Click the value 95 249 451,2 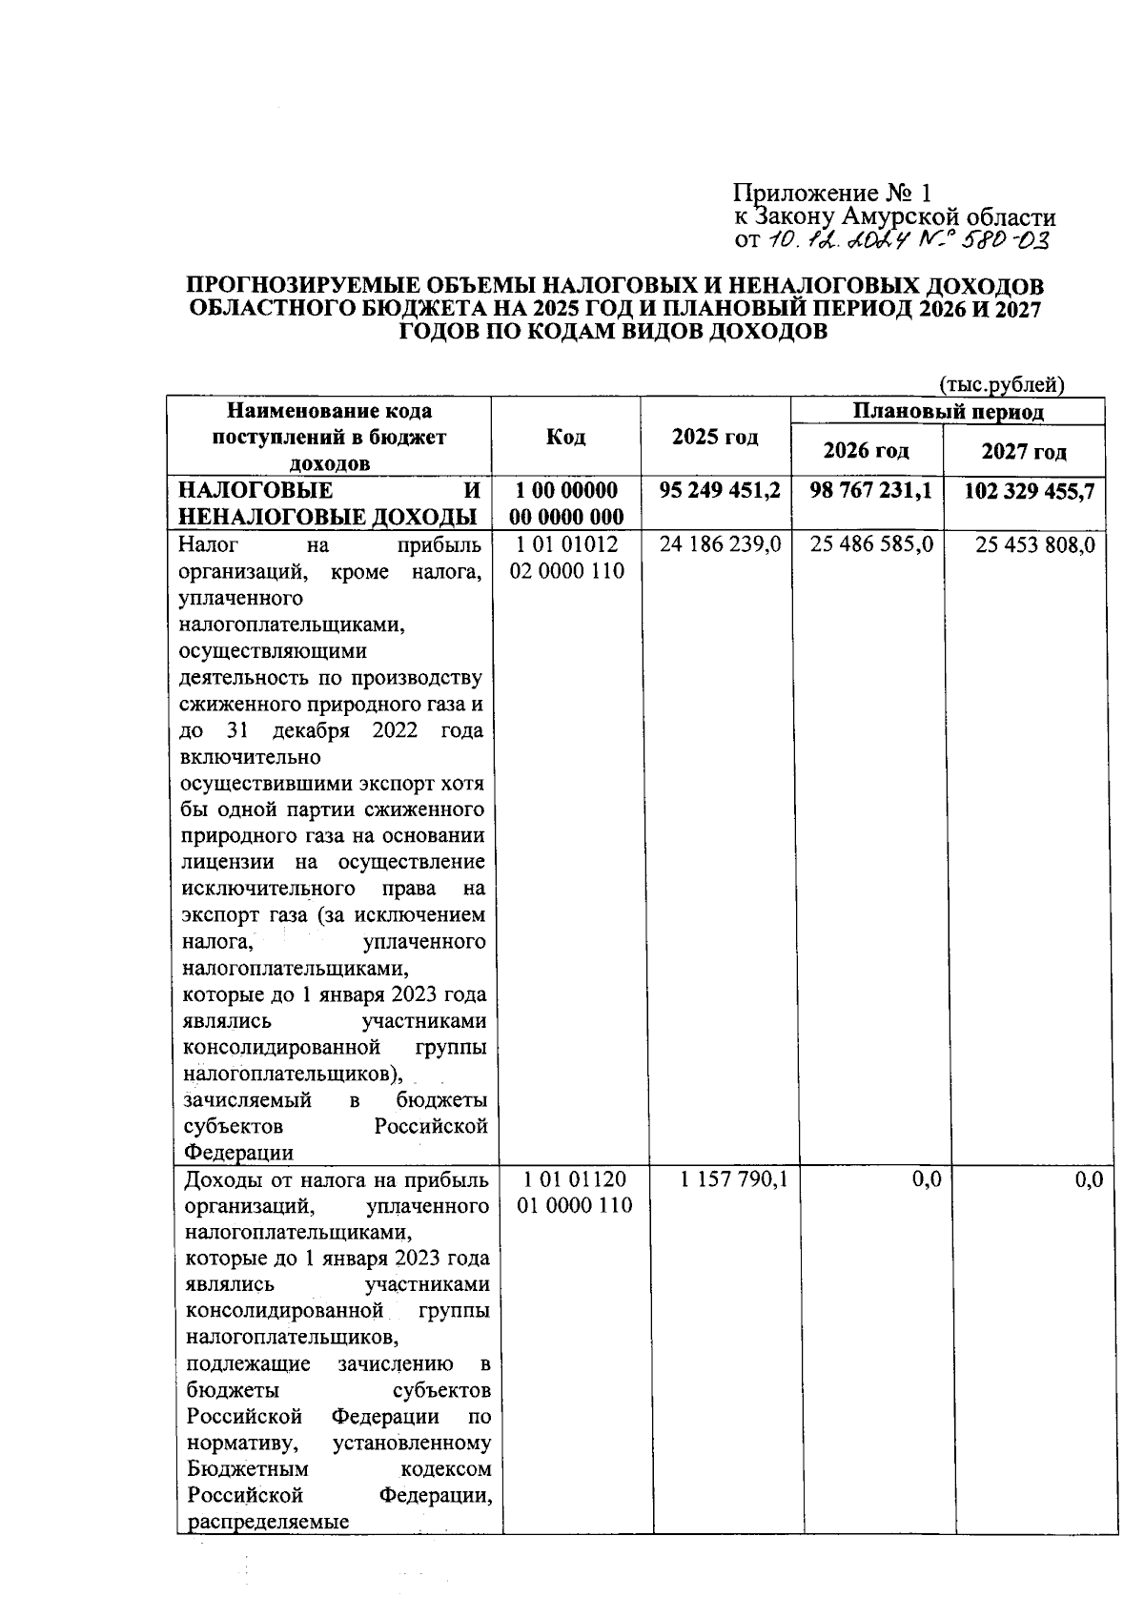click(x=721, y=491)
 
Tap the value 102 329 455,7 click(x=1027, y=491)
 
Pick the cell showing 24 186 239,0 click(x=721, y=544)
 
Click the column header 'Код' click(x=565, y=438)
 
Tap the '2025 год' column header click(x=715, y=438)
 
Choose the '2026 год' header click(x=866, y=450)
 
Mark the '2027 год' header click(x=1023, y=451)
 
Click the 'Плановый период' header click(x=948, y=412)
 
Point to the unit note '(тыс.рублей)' click(x=1001, y=385)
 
